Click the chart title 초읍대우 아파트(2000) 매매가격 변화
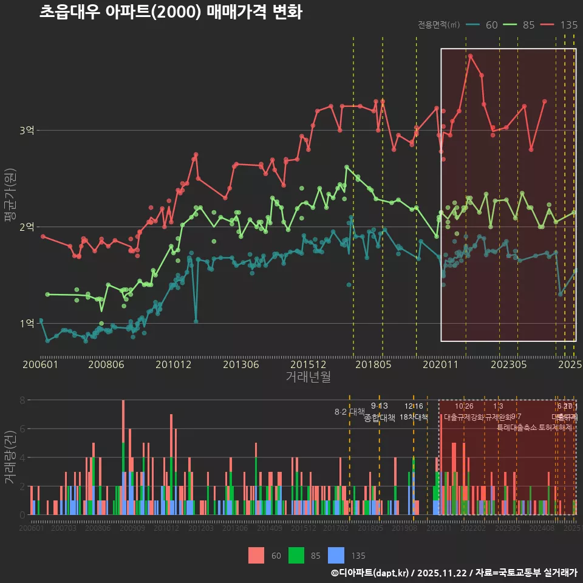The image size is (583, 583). tap(171, 12)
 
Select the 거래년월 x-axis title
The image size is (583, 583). tap(308, 377)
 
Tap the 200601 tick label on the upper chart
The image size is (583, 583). tap(40, 364)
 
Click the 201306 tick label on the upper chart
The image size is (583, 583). tap(240, 364)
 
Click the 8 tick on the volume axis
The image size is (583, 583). tap(22, 400)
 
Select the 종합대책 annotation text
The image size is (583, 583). tap(380, 418)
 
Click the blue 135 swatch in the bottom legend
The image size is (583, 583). tap(336, 555)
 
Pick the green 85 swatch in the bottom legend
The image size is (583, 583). tap(296, 555)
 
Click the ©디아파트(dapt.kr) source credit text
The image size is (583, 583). tap(370, 573)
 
